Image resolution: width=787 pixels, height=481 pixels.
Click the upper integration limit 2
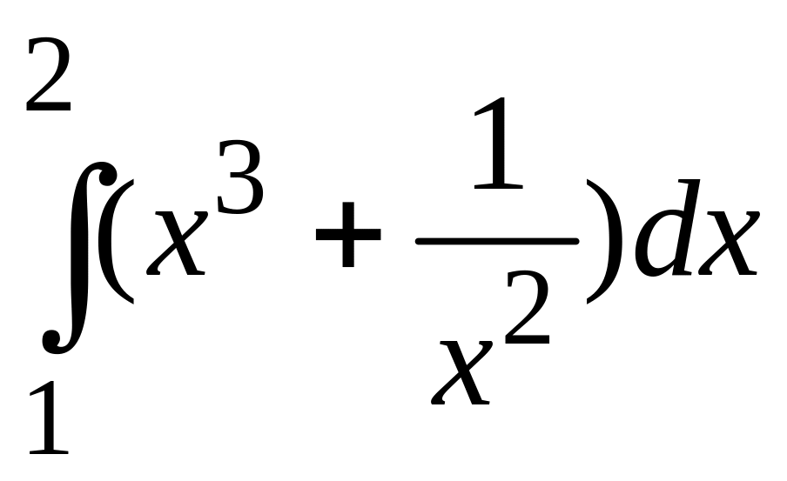(48, 75)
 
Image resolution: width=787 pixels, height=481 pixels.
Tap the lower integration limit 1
(49, 418)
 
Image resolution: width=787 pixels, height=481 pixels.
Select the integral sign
(79, 257)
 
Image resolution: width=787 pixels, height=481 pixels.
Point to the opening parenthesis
(116, 241)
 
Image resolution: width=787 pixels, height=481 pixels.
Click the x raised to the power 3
(176, 243)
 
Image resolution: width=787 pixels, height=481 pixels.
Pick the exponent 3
(240, 177)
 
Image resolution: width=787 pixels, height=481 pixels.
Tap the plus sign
(348, 235)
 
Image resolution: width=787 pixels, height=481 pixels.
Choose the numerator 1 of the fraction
(498, 144)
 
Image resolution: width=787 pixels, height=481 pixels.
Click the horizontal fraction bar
(497, 242)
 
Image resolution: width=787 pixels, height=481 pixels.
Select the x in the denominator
(461, 372)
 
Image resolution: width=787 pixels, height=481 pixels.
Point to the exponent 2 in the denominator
(527, 307)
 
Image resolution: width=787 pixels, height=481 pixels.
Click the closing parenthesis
(604, 241)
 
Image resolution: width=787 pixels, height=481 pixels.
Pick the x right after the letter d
(730, 243)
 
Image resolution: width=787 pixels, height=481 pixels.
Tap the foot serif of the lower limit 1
(49, 451)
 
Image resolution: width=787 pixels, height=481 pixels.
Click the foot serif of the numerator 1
(498, 187)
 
